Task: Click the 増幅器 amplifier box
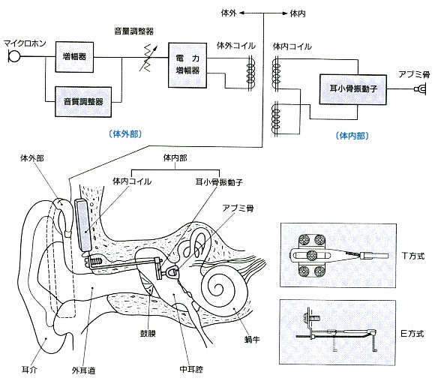(x=74, y=57)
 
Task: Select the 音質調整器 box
(x=83, y=101)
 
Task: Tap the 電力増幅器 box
(x=187, y=65)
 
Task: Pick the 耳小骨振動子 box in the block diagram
(x=353, y=89)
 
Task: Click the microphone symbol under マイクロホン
(x=13, y=56)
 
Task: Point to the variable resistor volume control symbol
(x=147, y=58)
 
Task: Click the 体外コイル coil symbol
(x=250, y=73)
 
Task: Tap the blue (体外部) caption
(x=125, y=134)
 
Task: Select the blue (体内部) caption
(x=352, y=136)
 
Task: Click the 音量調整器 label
(x=134, y=31)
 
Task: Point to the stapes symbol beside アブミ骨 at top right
(x=420, y=89)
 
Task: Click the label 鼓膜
(x=148, y=333)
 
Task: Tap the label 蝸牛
(x=252, y=339)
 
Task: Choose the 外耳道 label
(x=83, y=370)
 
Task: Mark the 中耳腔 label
(x=191, y=369)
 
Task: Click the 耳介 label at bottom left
(x=29, y=370)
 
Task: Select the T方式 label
(x=412, y=256)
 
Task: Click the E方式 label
(x=412, y=333)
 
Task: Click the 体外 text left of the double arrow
(x=229, y=13)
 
